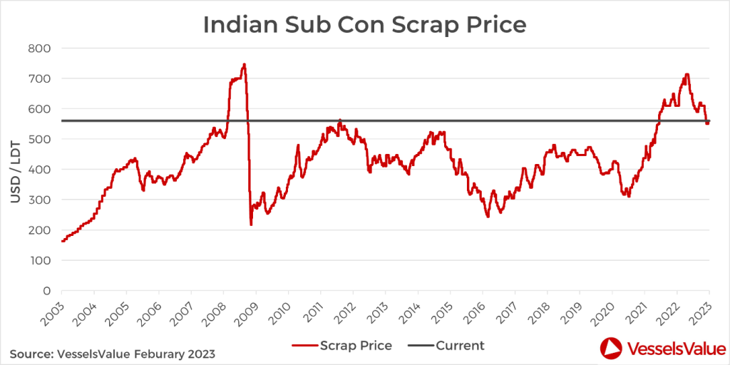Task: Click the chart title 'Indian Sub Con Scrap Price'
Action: (364, 24)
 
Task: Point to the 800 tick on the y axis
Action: (41, 48)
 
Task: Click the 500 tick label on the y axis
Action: (41, 140)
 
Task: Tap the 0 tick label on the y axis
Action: (47, 292)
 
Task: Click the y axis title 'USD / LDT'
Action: (16, 170)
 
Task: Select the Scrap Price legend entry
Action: (342, 346)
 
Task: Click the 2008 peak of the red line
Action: (244, 65)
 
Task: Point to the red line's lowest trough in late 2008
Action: (251, 225)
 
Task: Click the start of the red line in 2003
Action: (63, 241)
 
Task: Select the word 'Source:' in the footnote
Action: (33, 353)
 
